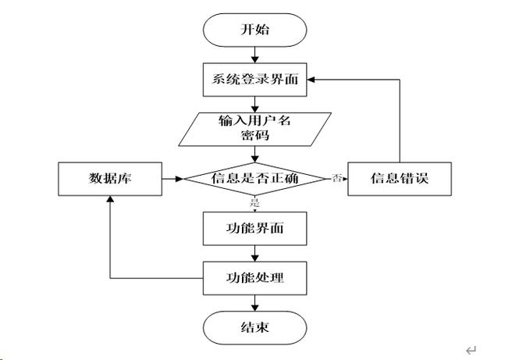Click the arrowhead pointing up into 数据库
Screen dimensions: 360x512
click(x=109, y=200)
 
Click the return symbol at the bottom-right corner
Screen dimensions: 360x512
click(x=470, y=349)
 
